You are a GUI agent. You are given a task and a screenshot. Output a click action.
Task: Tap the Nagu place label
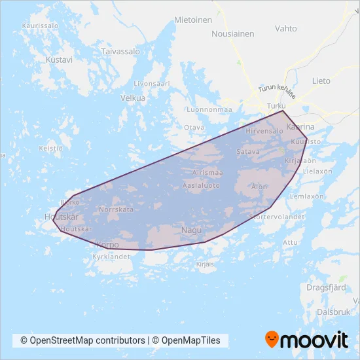click(x=192, y=230)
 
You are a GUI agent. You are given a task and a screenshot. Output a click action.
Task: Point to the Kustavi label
click(x=59, y=59)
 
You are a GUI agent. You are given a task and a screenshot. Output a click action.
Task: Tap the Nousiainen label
click(x=232, y=33)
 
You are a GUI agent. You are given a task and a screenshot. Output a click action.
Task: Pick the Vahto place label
click(x=286, y=29)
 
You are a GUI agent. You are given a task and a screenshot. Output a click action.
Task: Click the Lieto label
click(x=321, y=81)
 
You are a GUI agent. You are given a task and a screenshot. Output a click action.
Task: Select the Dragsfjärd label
click(x=327, y=287)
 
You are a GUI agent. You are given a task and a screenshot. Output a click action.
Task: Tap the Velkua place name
click(x=133, y=98)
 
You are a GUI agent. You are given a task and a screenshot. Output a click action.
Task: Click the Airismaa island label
click(x=208, y=173)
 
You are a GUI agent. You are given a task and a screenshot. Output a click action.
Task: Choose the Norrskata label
click(x=116, y=209)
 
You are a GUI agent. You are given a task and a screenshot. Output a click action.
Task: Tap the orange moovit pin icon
click(x=272, y=340)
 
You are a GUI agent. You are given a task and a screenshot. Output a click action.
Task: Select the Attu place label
click(x=289, y=242)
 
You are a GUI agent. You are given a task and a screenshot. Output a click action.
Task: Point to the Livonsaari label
click(x=151, y=84)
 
